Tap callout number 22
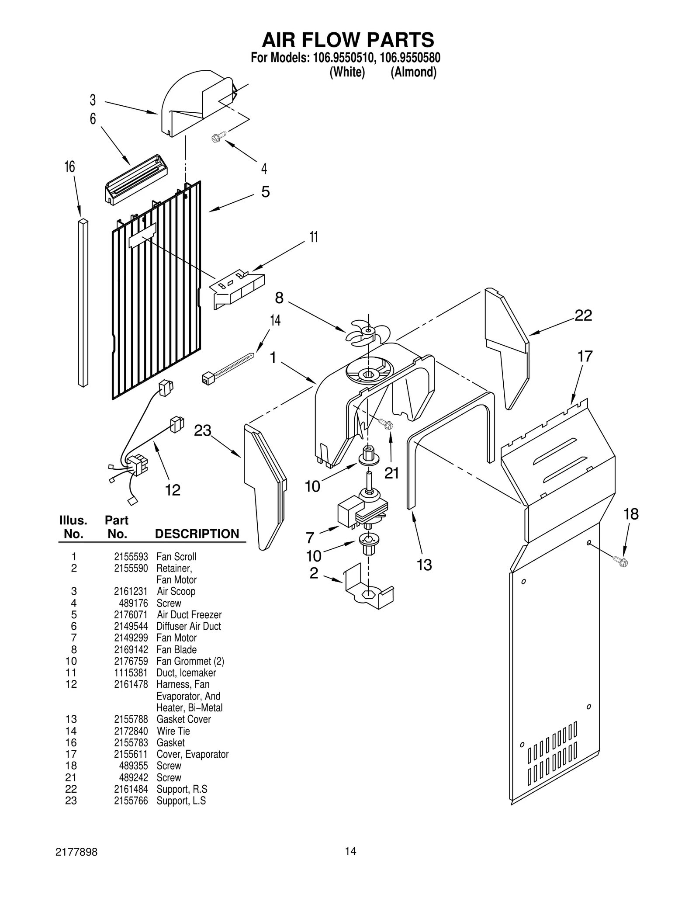point(583,316)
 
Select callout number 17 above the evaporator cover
point(585,357)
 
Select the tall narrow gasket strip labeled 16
point(83,303)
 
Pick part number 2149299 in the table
point(131,638)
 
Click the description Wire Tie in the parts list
point(173,731)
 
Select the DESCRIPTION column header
point(197,534)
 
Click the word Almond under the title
point(413,72)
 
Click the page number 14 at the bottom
point(350,850)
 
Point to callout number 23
point(202,431)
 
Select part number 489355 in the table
point(133,766)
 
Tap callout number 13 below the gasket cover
point(424,565)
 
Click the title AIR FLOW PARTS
point(348,40)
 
